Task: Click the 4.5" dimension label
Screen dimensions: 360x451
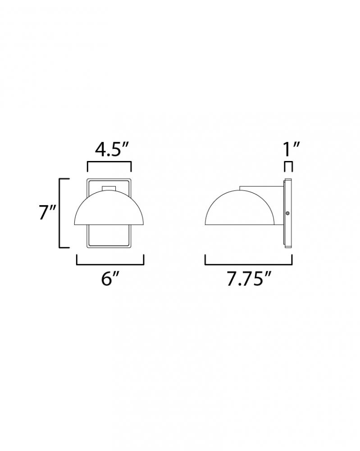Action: coord(111,150)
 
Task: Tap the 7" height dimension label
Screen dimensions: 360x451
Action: coord(47,213)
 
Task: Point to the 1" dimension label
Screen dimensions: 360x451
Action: coord(292,149)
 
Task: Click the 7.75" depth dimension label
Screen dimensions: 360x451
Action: coord(249,279)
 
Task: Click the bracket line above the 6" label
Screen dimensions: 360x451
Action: coord(110,264)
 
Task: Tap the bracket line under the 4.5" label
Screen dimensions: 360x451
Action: coord(109,163)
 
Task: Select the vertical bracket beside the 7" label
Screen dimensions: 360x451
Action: coord(60,213)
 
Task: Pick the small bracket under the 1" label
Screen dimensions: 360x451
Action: coord(288,163)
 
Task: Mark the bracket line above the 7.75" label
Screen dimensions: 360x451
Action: coord(249,264)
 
